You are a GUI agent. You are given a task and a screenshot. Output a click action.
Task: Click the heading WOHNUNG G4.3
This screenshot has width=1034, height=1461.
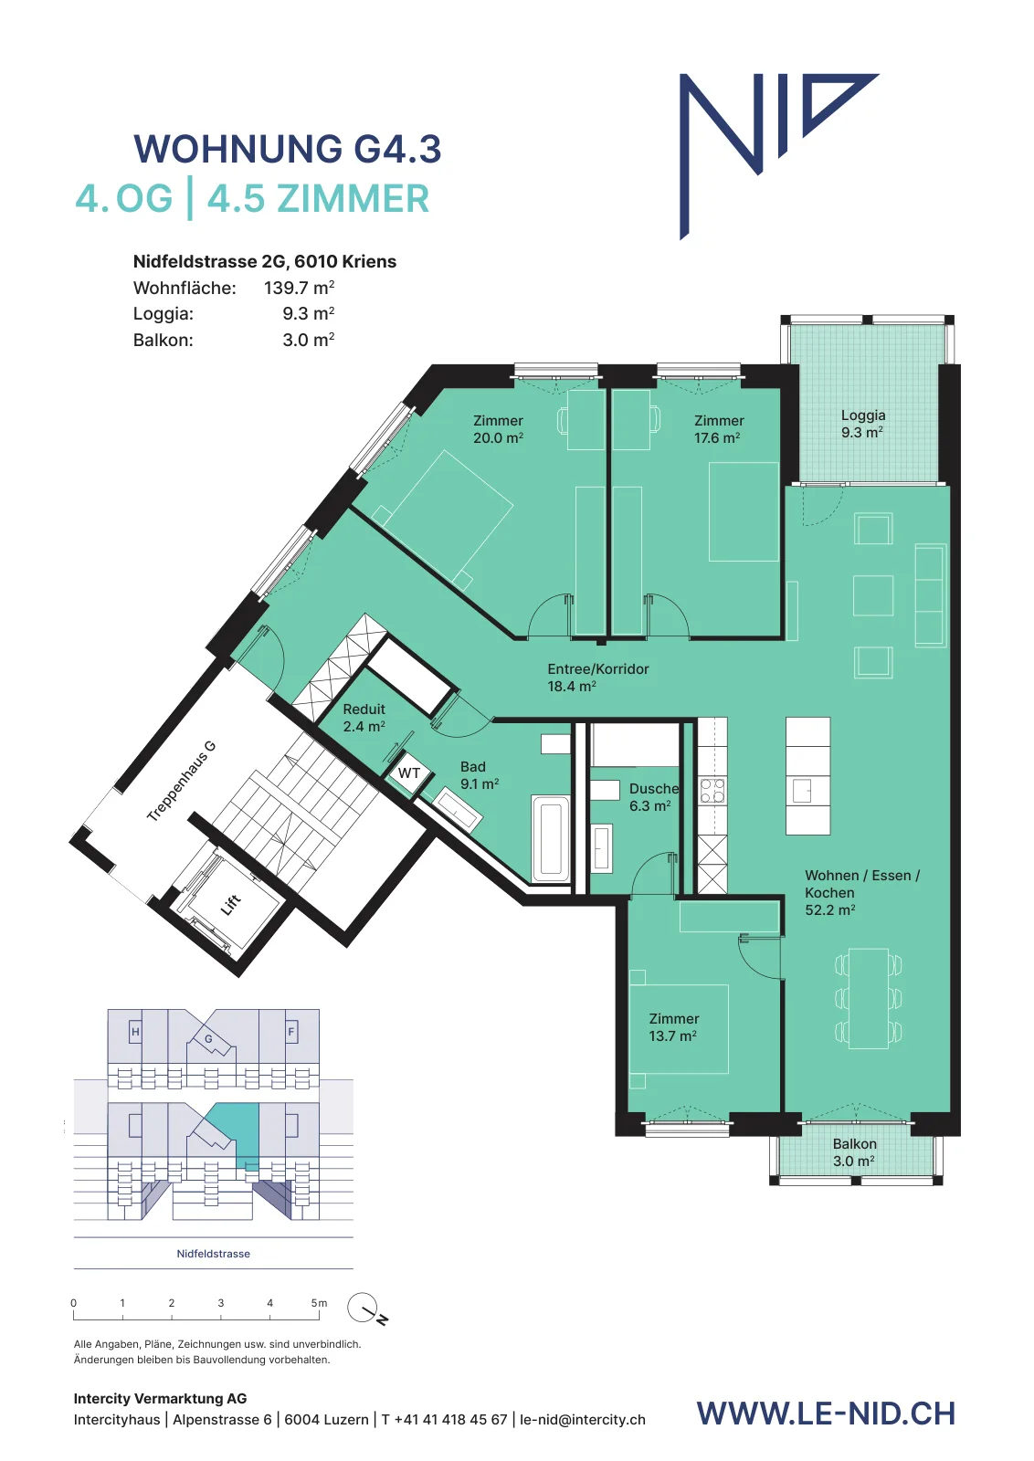point(288,149)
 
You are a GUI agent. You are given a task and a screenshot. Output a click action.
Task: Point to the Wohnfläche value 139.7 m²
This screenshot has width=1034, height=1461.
point(299,288)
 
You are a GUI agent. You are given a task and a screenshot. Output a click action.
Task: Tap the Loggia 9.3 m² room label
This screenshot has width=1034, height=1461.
point(862,424)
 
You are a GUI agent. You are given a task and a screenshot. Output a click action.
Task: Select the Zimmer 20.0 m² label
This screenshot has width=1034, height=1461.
point(499,429)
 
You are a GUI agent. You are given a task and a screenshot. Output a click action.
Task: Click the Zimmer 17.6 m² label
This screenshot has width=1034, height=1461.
point(718,429)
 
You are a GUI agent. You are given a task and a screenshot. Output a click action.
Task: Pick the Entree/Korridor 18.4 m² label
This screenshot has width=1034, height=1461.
point(597,677)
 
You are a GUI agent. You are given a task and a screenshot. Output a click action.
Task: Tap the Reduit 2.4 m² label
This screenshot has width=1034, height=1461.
point(364,718)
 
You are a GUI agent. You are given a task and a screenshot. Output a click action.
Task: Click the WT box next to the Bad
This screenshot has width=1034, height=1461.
point(409,773)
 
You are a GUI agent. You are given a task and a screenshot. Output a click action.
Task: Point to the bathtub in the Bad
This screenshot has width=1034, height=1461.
point(550,839)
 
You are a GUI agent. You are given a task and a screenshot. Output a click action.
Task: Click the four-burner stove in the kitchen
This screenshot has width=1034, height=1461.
point(712,791)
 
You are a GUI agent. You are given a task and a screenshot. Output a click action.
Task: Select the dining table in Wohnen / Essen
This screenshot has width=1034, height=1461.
point(869,999)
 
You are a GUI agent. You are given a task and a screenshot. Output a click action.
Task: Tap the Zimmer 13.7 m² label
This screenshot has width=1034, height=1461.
point(673,1027)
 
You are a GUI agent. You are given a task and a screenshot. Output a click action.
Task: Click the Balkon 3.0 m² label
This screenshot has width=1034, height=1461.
point(854,1152)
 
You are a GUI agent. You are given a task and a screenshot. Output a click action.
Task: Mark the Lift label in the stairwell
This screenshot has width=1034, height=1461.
point(231,904)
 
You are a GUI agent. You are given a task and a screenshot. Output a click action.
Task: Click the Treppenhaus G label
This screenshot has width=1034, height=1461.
point(181,782)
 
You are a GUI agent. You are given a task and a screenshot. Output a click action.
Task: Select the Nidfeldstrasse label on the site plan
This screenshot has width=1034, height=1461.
point(214,1254)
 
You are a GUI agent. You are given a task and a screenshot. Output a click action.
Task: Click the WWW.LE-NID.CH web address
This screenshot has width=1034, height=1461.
point(826,1413)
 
